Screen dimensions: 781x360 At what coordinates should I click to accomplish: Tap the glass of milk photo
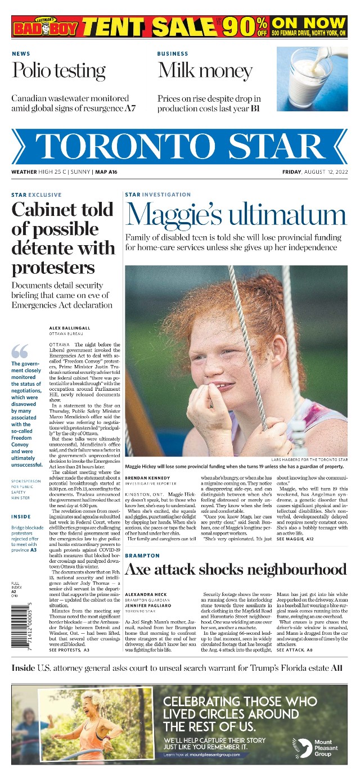(x=312, y=79)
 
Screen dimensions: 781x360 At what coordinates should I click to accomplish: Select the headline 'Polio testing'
(x=58, y=71)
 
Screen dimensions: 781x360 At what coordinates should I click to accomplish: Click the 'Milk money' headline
(x=205, y=71)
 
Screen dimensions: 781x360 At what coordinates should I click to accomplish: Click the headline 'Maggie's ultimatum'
(x=236, y=214)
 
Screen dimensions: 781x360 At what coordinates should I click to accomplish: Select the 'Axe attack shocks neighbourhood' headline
(x=236, y=570)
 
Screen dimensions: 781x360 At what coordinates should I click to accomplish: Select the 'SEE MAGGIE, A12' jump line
(x=295, y=539)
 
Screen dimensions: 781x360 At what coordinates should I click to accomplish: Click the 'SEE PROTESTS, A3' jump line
(x=69, y=650)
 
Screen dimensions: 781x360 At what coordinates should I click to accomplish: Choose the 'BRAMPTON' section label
(x=142, y=556)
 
